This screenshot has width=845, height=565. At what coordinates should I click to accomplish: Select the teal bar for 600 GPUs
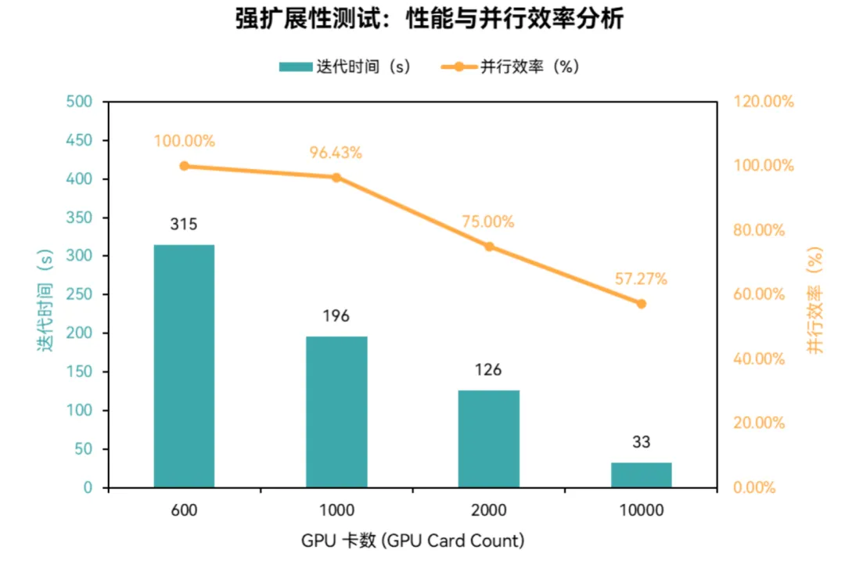point(184,366)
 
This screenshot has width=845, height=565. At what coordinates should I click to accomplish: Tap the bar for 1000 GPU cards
point(336,412)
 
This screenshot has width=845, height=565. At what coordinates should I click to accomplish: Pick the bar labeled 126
point(489,438)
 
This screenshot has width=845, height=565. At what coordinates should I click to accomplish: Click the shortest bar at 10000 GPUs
point(642,475)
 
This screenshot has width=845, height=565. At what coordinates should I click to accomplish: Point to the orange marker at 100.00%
point(184,166)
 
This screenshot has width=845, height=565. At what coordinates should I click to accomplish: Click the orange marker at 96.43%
point(336,178)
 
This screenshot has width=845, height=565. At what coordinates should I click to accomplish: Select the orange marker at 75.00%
point(489,247)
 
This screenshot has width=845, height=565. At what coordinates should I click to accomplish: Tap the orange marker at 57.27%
point(642,304)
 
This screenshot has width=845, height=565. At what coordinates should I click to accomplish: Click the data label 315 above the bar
point(184,225)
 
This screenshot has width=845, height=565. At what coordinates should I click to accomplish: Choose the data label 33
point(642,442)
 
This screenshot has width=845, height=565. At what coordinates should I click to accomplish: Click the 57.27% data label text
point(642,279)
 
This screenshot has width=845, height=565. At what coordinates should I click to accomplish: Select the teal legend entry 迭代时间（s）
point(344,67)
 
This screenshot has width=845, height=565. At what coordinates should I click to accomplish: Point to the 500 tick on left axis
point(81,102)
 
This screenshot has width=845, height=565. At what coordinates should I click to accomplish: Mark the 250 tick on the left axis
point(81,295)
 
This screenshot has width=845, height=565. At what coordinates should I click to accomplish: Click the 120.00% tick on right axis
point(763,102)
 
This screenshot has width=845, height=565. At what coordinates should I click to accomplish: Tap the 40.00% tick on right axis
point(758,359)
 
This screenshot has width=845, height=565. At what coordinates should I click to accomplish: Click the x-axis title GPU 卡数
point(412,541)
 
